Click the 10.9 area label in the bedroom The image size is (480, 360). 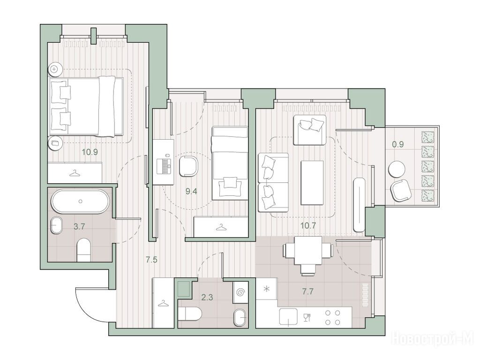click(90, 151)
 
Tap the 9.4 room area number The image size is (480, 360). click(191, 192)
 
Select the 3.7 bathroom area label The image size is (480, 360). click(79, 226)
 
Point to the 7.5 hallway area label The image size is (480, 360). click(151, 260)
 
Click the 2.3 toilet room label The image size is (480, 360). click(207, 297)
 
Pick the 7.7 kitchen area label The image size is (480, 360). click(307, 292)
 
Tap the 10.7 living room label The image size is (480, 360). click(308, 226)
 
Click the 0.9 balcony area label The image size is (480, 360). click(398, 144)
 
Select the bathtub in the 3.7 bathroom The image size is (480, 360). click(80, 201)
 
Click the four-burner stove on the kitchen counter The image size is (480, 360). click(333, 317)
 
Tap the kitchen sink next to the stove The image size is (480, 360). click(288, 316)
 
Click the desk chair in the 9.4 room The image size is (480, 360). click(189, 166)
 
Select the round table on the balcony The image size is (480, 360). click(397, 169)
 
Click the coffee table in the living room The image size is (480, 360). click(312, 183)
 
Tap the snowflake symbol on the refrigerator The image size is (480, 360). click(267, 288)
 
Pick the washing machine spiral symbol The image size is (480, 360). click(240, 293)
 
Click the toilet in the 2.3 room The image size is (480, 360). click(190, 315)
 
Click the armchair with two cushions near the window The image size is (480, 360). click(309, 130)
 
